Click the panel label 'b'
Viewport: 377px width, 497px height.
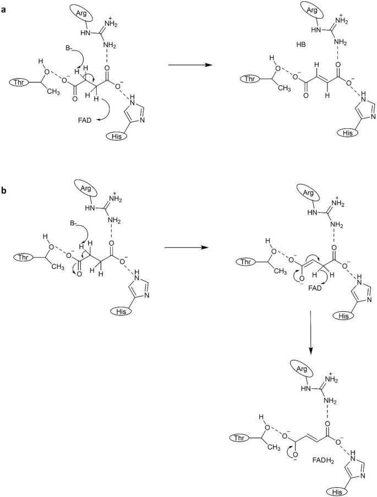(5, 191)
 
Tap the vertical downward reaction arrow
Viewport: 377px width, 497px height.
(312, 333)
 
